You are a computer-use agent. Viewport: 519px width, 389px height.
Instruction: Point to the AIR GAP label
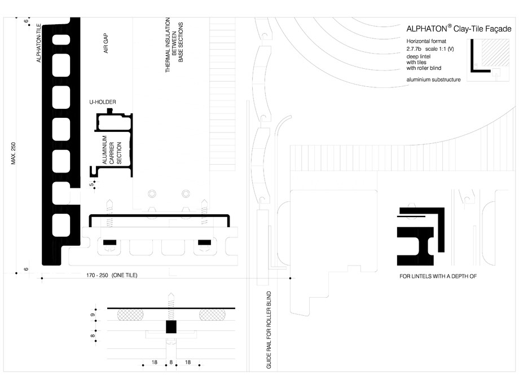105,43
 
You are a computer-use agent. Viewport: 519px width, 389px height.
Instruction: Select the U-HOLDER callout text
102,102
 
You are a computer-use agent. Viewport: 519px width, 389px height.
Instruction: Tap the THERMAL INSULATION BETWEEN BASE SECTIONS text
174,48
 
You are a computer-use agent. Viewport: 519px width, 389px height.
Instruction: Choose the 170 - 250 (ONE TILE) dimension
112,275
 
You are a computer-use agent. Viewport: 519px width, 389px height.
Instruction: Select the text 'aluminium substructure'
433,80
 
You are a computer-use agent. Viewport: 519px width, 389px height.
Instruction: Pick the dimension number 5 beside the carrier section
90,184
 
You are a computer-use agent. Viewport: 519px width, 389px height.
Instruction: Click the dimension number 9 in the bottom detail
92,315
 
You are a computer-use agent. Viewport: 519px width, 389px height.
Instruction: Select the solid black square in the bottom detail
171,327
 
